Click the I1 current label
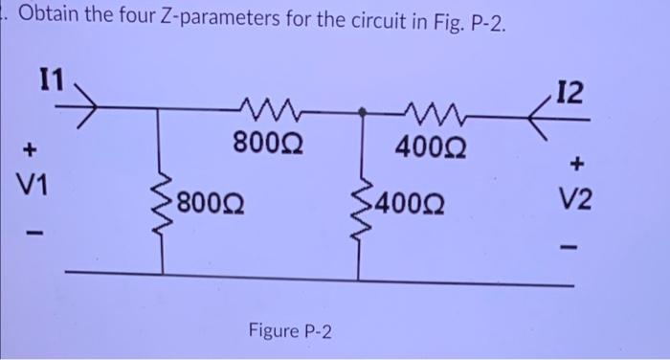click(48, 78)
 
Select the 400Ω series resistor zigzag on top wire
click(418, 111)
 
